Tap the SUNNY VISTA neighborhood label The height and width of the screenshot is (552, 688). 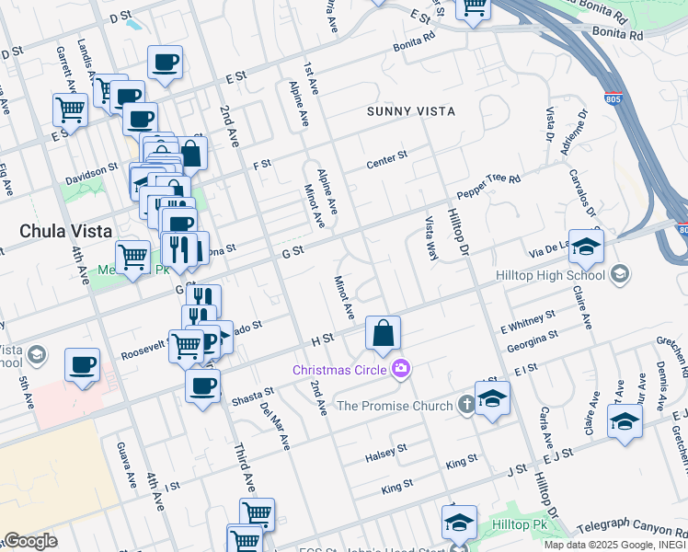[x=411, y=111]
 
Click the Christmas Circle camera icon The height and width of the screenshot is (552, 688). [x=401, y=370]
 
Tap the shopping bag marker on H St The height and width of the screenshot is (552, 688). [x=383, y=332]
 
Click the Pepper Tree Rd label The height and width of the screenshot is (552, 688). [x=487, y=188]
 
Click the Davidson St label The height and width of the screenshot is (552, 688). [x=92, y=173]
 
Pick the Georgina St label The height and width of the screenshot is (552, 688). [x=531, y=344]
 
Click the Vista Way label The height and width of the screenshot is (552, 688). [x=430, y=237]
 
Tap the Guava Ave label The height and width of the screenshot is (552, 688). [x=120, y=463]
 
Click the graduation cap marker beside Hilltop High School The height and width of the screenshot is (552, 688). [x=586, y=246]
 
